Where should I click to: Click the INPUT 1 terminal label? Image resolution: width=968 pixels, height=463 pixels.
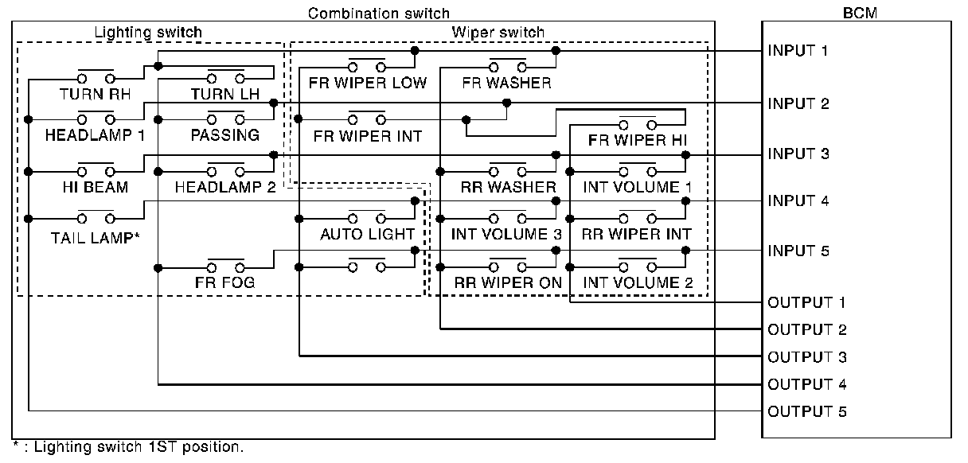(797, 51)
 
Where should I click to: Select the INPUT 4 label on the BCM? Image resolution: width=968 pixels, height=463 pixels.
(797, 201)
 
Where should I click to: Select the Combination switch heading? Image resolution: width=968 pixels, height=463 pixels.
(378, 14)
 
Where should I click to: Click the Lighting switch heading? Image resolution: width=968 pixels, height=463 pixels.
(148, 33)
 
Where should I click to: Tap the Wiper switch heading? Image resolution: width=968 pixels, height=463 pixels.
(498, 33)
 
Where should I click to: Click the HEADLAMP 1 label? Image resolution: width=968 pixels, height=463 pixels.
(95, 135)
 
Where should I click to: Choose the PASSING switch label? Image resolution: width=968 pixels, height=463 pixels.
(224, 135)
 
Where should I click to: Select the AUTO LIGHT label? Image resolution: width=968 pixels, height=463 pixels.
(367, 234)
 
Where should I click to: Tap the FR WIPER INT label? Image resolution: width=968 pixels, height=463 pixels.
(367, 135)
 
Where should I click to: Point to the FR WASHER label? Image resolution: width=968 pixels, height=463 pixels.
(506, 83)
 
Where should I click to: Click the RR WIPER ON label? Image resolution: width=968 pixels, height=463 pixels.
(508, 282)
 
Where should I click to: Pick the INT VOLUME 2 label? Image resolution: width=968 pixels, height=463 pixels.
(638, 282)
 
